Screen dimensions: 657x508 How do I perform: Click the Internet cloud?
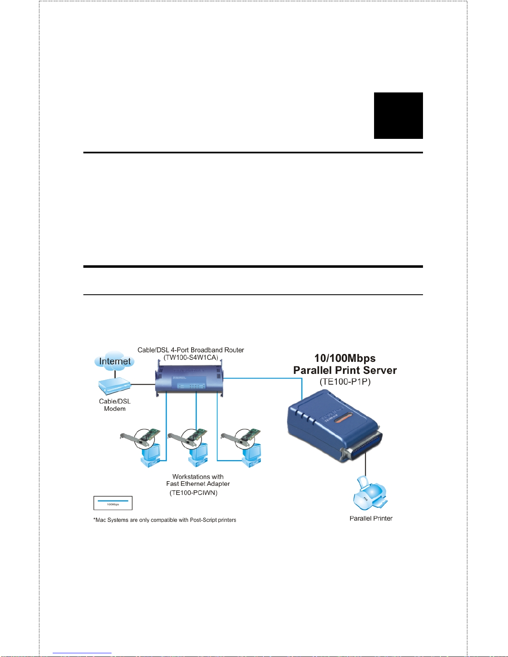(x=114, y=361)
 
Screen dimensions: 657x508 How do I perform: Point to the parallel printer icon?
(x=369, y=494)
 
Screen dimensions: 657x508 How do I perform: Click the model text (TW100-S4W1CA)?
(x=191, y=357)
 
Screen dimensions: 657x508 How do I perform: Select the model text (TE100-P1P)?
(x=345, y=382)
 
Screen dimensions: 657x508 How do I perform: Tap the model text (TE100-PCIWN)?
(x=194, y=492)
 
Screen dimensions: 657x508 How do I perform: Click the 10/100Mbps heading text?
(x=345, y=358)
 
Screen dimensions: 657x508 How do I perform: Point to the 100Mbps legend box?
(x=113, y=503)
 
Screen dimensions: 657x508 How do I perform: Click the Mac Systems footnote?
(x=165, y=520)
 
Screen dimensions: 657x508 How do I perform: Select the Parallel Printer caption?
(x=371, y=518)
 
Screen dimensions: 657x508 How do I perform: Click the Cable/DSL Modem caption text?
(x=114, y=405)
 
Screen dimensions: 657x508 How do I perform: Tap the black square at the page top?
(x=398, y=116)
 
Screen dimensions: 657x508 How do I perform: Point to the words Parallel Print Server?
(x=345, y=370)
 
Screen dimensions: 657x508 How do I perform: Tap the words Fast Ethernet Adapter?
(x=198, y=484)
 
